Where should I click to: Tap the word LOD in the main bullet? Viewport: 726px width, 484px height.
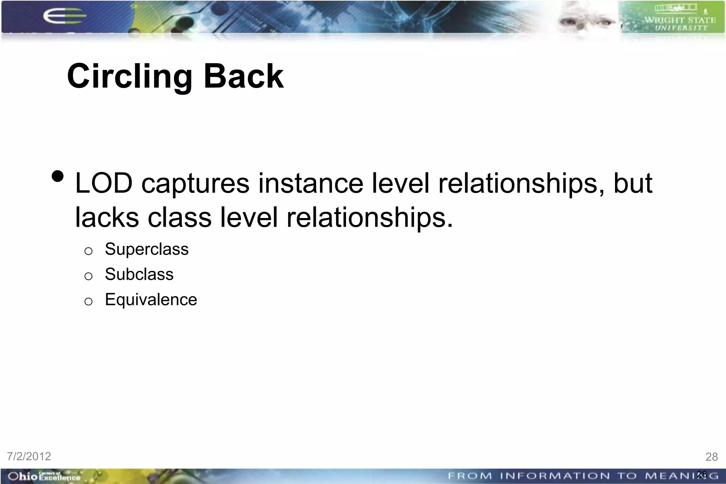pos(104,183)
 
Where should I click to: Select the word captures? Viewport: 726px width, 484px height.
pos(195,183)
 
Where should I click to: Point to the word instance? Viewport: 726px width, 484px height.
pos(311,183)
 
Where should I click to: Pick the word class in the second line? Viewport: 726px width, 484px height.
pos(180,217)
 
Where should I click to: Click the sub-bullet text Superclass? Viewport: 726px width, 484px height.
pos(147,249)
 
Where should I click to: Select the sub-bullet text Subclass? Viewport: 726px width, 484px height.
pos(139,274)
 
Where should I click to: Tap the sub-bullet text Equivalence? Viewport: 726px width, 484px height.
pos(151,300)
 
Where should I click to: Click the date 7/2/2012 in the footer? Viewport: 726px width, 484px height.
pos(29,456)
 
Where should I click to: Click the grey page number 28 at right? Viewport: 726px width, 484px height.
pos(711,457)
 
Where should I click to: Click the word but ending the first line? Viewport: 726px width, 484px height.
pos(633,183)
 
